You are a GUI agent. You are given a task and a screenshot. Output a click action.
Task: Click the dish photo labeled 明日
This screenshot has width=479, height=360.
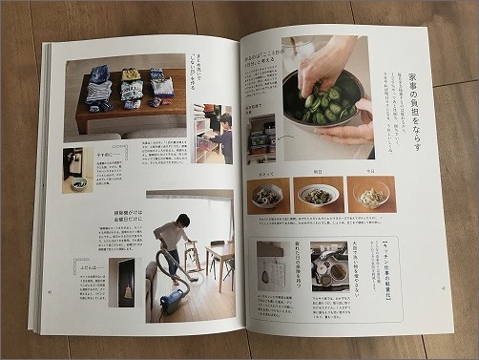(x=317, y=195)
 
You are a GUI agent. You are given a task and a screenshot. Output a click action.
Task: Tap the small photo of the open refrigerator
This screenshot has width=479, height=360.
(x=261, y=139)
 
